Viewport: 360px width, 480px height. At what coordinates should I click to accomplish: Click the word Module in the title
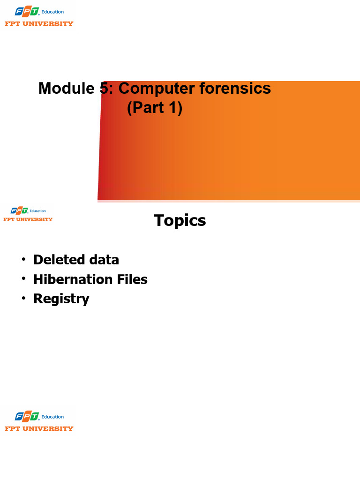tap(66, 88)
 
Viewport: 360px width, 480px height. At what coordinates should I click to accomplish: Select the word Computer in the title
tap(157, 88)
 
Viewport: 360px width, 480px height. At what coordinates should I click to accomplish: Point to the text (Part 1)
tap(154, 108)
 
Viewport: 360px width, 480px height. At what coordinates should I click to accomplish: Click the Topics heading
tap(180, 220)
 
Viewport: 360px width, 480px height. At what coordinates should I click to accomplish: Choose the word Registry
tap(61, 299)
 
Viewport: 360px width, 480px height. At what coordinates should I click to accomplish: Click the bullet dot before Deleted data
tap(22, 259)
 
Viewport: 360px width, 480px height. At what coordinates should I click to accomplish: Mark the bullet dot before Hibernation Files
tap(22, 279)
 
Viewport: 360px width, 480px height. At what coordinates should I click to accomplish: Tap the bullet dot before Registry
tap(22, 299)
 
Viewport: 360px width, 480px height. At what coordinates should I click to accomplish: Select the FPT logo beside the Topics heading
tap(20, 211)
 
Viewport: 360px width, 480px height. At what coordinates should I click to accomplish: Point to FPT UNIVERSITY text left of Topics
tap(28, 219)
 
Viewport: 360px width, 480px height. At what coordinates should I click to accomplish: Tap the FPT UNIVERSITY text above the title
tap(39, 24)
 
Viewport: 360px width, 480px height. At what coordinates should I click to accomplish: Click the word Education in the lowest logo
tap(52, 417)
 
